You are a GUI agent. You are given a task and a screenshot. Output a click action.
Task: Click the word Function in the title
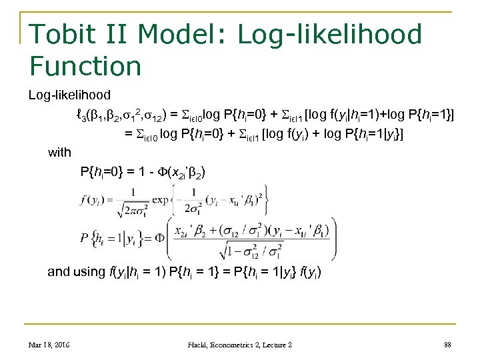click(x=85, y=66)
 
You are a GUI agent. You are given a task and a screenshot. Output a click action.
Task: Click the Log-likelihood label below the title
click(x=69, y=95)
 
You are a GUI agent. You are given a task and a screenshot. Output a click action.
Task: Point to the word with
click(x=59, y=153)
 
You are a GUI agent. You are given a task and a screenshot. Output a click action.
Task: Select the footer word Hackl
click(x=201, y=344)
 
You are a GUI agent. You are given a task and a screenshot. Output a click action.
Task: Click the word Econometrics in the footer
click(x=240, y=344)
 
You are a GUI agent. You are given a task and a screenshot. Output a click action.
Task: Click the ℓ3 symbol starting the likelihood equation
click(x=81, y=115)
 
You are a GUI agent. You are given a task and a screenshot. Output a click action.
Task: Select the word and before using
click(x=59, y=271)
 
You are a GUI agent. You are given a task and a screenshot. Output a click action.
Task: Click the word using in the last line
click(x=89, y=271)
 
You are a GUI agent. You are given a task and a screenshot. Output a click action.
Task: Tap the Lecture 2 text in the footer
click(x=278, y=344)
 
